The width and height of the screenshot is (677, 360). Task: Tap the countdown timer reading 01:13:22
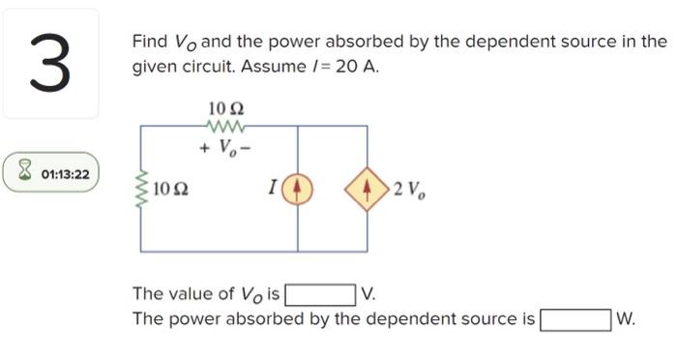click(x=66, y=174)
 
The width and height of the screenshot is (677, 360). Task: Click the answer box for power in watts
click(x=575, y=318)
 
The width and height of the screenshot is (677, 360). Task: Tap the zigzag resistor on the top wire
click(x=226, y=125)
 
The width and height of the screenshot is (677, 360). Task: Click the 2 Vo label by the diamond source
click(x=408, y=188)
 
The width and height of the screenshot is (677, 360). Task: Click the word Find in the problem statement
click(x=150, y=43)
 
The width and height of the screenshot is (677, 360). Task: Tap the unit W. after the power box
click(x=625, y=318)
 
